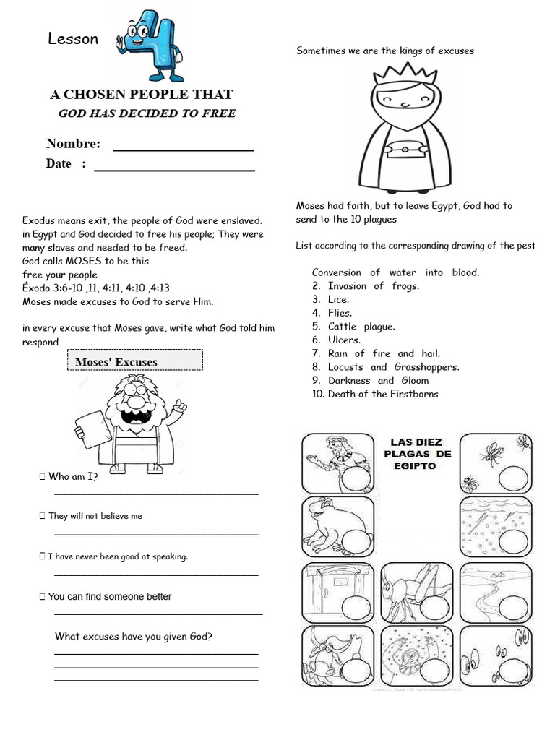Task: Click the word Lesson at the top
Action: pyautogui.click(x=73, y=39)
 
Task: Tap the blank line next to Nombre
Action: pyautogui.click(x=184, y=145)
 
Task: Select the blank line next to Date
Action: pyautogui.click(x=174, y=165)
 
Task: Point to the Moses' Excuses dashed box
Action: pyautogui.click(x=134, y=361)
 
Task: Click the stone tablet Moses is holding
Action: pyautogui.click(x=93, y=429)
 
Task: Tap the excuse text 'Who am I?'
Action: pyautogui.click(x=72, y=476)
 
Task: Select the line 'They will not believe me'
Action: pyautogui.click(x=95, y=516)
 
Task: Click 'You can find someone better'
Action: pyautogui.click(x=109, y=597)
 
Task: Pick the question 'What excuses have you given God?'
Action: pyautogui.click(x=134, y=637)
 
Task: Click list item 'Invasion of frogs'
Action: pyautogui.click(x=373, y=286)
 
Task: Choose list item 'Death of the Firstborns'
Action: pyautogui.click(x=382, y=394)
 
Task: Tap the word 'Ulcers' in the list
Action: pyautogui.click(x=344, y=340)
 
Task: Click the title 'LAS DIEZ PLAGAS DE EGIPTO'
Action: pyautogui.click(x=421, y=454)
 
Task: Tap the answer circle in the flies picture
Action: pyautogui.click(x=513, y=478)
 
